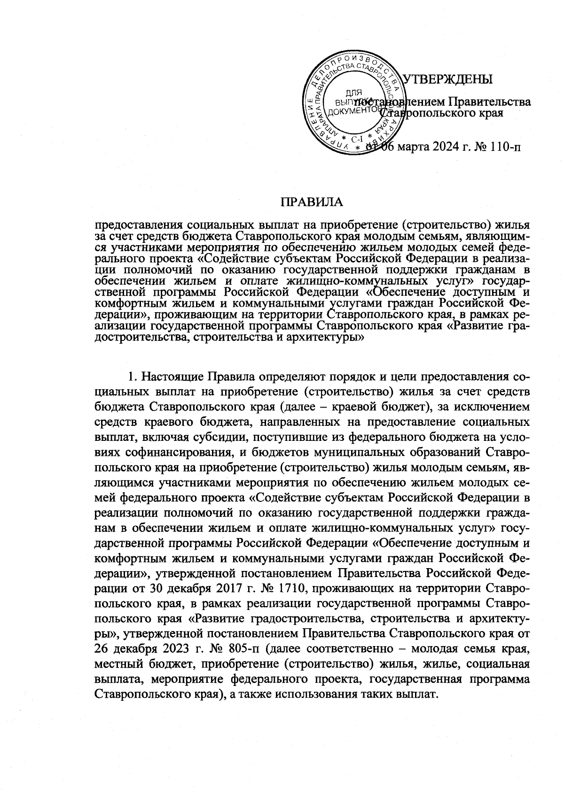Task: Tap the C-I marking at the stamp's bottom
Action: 353,139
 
